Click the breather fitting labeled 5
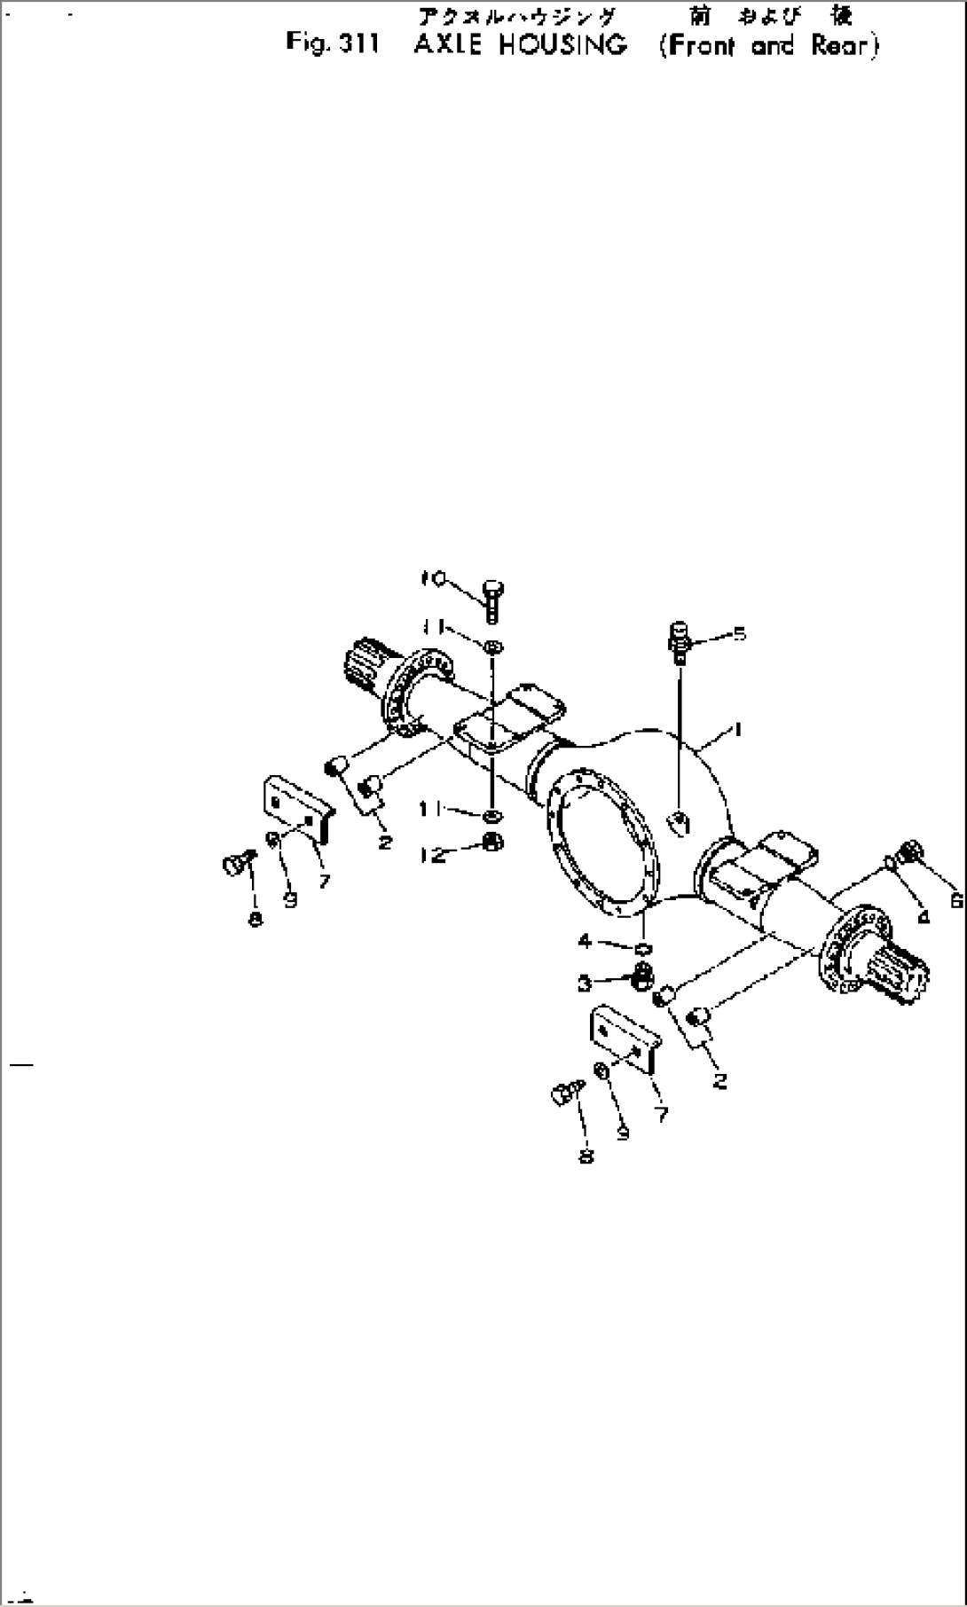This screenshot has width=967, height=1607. pyautogui.click(x=679, y=640)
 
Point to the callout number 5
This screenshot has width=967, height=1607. pyautogui.click(x=739, y=634)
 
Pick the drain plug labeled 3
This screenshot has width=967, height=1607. pyautogui.click(x=640, y=977)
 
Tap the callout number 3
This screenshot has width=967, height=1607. pyautogui.click(x=584, y=982)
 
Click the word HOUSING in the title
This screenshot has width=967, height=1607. pyautogui.click(x=562, y=45)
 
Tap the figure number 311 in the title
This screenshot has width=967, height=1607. pyautogui.click(x=358, y=44)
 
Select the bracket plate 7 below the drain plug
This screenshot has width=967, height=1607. pyautogui.click(x=623, y=1040)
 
